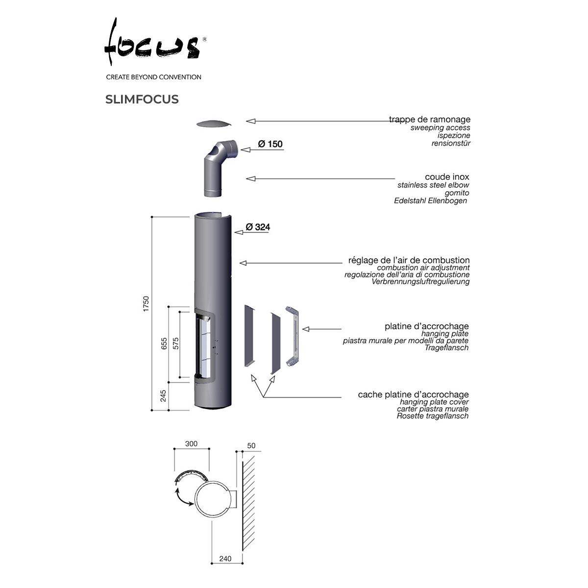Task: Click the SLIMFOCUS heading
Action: pyautogui.click(x=142, y=99)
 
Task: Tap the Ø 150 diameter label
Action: pyautogui.click(x=270, y=144)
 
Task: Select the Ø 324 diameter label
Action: pyautogui.click(x=258, y=227)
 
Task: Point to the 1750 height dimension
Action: pyautogui.click(x=146, y=304)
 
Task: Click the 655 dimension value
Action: pyautogui.click(x=164, y=343)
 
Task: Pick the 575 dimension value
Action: pyautogui.click(x=176, y=343)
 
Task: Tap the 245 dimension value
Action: pyautogui.click(x=163, y=396)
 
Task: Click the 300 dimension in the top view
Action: pyautogui.click(x=191, y=443)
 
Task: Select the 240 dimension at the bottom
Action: pyautogui.click(x=225, y=559)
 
